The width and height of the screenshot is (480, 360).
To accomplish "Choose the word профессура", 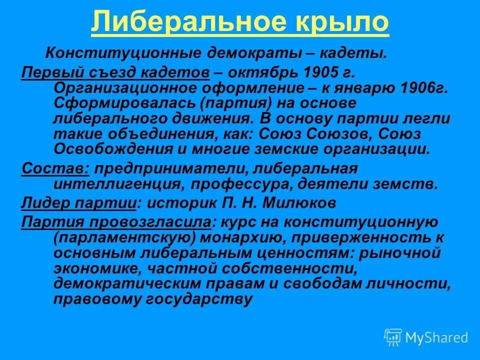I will point(242,183).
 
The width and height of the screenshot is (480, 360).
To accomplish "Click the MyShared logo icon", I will point(393,337).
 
